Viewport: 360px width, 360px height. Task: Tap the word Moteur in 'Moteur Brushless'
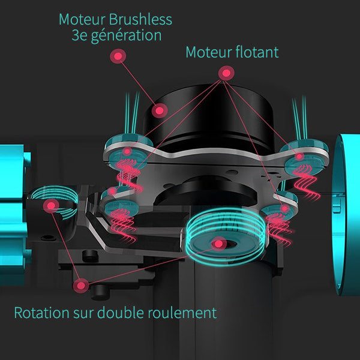[80, 19]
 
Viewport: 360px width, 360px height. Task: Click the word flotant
[256, 52]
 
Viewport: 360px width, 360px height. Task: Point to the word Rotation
[41, 313]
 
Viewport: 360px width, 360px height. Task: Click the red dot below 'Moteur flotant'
[226, 74]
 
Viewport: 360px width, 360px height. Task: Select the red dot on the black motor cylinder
[159, 110]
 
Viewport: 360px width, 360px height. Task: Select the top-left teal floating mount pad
[124, 144]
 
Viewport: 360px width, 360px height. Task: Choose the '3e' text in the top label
[81, 35]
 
